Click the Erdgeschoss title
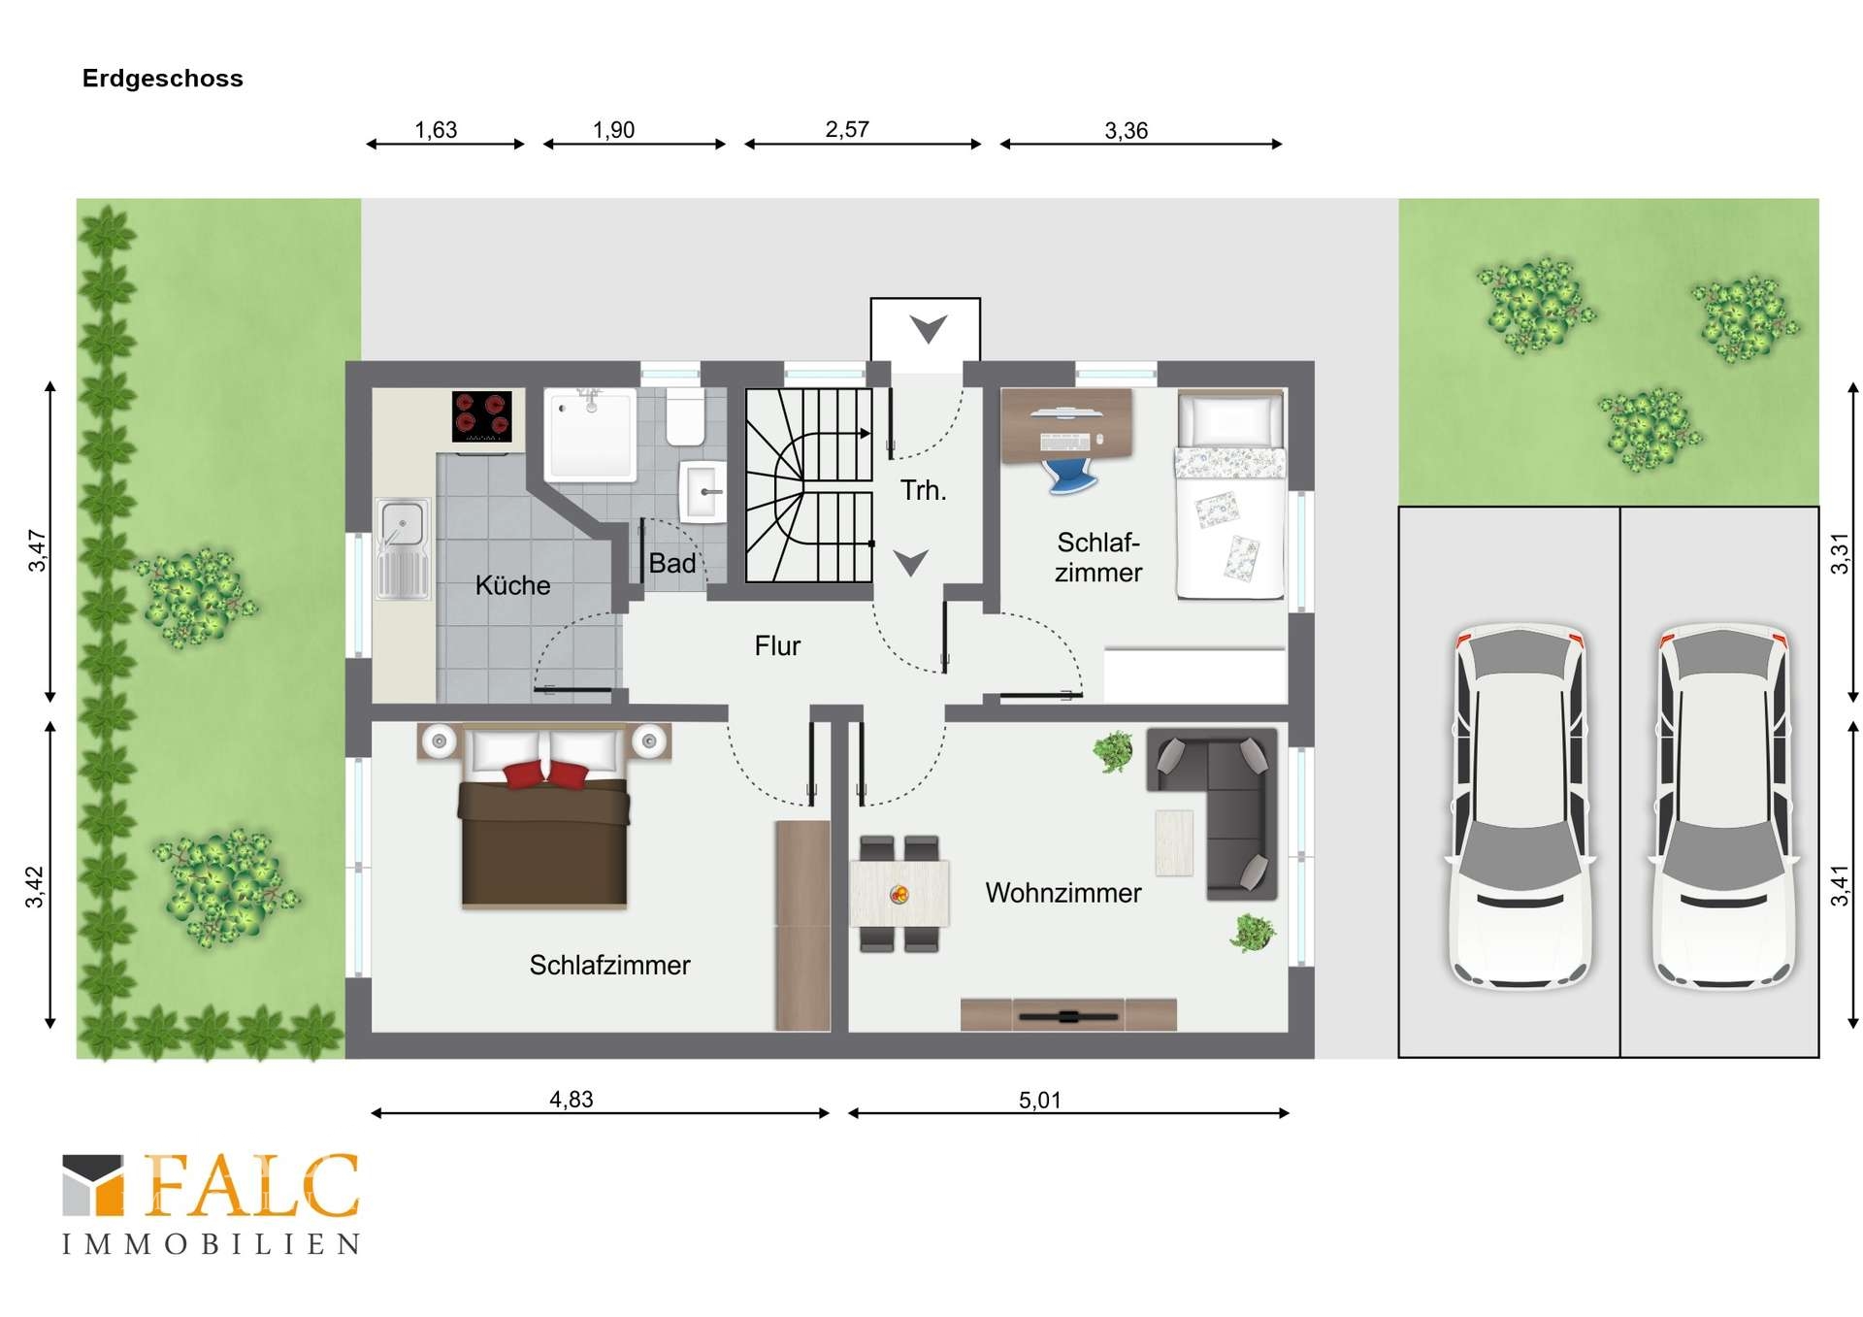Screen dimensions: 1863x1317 click(162, 79)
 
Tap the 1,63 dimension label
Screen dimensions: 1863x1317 click(436, 129)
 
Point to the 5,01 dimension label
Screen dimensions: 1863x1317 click(1040, 1100)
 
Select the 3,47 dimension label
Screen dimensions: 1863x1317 click(37, 550)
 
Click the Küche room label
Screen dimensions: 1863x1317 click(512, 585)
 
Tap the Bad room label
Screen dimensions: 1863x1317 click(672, 563)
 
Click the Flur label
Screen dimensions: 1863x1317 click(777, 645)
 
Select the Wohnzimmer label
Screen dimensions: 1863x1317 click(1063, 893)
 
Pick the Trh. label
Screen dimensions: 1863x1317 click(923, 490)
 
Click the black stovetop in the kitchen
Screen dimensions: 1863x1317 click(481, 416)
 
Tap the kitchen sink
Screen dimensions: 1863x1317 click(402, 548)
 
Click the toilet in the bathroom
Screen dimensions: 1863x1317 click(685, 416)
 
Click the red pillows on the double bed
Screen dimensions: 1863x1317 click(546, 774)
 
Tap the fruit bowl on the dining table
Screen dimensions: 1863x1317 click(899, 894)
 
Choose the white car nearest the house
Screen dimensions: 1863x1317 click(1520, 806)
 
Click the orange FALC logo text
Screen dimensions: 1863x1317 click(251, 1185)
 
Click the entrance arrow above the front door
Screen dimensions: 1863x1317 click(928, 328)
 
